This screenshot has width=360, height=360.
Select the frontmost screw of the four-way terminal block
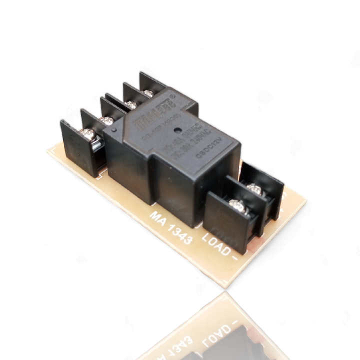88,133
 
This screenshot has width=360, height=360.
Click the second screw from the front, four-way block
106,120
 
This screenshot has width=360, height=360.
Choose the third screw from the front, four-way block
131,104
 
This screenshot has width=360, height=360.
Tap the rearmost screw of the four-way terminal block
148,93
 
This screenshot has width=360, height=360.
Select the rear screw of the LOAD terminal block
254,189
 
